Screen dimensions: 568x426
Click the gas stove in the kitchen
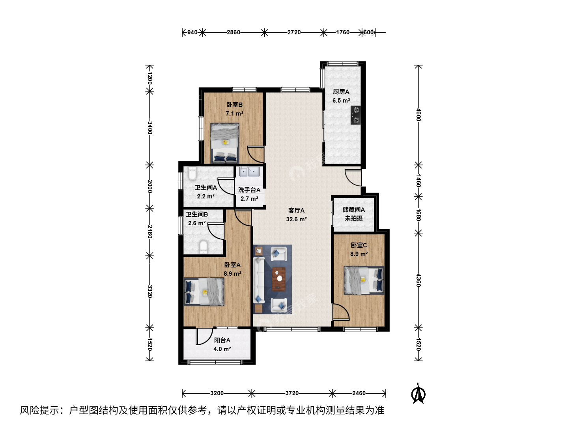(x=355, y=115)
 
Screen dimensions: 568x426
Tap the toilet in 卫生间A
(x=192, y=173)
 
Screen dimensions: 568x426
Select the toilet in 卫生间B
(x=204, y=247)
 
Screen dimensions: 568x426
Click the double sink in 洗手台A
(x=249, y=172)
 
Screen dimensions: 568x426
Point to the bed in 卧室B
(x=224, y=143)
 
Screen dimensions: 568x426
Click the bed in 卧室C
(x=364, y=280)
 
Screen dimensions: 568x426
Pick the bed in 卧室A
(x=204, y=291)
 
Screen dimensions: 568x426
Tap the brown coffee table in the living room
(x=279, y=279)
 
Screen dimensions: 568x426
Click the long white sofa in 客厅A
(x=258, y=280)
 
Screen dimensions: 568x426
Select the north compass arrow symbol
(x=418, y=394)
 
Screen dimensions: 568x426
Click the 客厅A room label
(x=296, y=211)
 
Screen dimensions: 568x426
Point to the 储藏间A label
(x=353, y=209)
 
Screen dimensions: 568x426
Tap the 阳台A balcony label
(x=222, y=340)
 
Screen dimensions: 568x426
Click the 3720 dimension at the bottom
(x=292, y=393)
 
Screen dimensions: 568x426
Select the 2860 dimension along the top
(x=233, y=32)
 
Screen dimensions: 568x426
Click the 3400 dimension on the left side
(x=150, y=128)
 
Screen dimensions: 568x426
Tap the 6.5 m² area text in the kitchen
(x=341, y=100)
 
